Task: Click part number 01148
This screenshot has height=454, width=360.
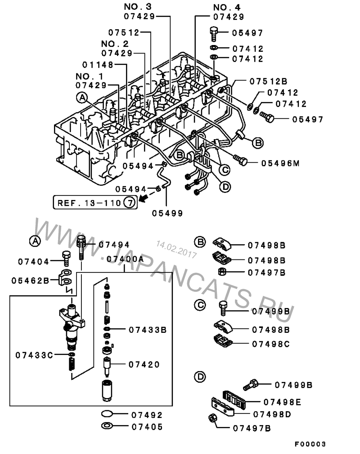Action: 98,65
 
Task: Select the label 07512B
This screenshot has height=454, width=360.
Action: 269,82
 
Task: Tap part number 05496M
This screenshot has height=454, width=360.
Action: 280,163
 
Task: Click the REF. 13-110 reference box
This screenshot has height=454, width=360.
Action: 95,202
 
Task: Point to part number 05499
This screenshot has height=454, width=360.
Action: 167,213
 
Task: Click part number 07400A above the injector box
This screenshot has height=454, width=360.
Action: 125,259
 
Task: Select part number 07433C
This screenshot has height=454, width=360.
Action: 34,355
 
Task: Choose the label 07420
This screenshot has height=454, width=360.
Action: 144,364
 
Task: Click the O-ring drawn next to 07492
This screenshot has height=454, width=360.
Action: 108,414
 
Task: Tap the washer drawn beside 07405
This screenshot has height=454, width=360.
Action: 108,426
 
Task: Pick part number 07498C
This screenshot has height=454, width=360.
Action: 271,344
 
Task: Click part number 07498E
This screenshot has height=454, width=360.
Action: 283,402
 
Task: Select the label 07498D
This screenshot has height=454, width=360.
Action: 272,414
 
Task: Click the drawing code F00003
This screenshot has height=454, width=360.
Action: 310,444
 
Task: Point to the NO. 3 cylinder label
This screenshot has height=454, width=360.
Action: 138,6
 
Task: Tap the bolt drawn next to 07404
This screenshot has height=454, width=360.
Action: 66,258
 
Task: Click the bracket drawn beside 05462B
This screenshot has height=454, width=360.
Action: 66,277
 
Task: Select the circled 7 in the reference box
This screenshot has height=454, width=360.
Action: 129,202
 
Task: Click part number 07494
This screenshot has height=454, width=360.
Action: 114,245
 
